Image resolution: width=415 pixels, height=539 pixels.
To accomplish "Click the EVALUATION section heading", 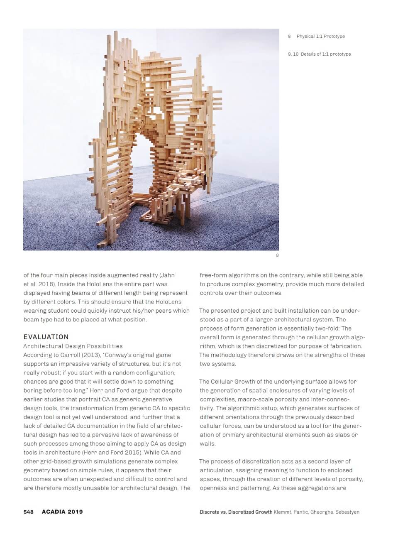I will click(46, 337).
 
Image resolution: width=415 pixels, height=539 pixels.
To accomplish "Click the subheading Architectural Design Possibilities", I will click(73, 346).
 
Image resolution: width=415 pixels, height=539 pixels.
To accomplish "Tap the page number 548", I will click(28, 512).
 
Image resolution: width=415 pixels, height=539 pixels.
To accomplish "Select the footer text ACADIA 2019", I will click(62, 512).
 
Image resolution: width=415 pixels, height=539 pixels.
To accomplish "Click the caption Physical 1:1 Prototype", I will click(320, 37).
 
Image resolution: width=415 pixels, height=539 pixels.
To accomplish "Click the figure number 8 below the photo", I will click(277, 255).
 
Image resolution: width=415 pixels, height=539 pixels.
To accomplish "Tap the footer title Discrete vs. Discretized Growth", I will click(236, 512).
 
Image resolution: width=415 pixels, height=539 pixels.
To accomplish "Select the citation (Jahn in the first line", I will click(168, 275).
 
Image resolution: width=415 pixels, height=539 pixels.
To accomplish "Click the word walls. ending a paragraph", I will click(207, 443).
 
